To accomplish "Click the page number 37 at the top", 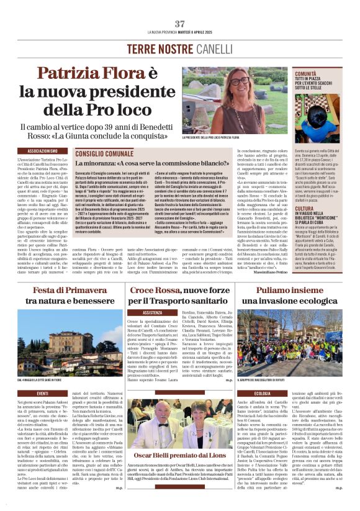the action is tap(180, 23).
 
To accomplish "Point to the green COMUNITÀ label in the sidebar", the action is tap(311, 73).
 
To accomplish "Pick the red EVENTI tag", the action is tap(43, 394).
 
